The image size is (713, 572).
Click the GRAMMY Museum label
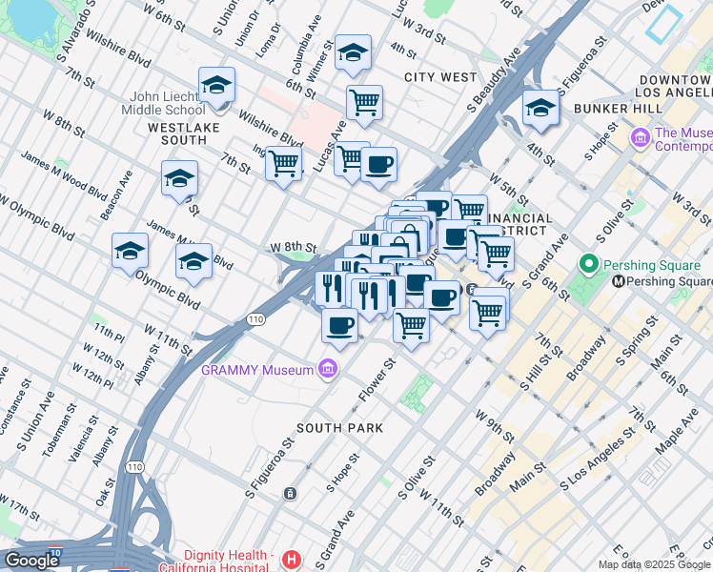[257, 370]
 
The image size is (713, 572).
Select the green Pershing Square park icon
[588, 264]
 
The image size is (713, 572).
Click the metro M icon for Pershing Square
[619, 281]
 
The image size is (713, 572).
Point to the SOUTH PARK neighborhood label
[339, 428]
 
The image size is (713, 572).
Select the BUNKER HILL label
[611, 109]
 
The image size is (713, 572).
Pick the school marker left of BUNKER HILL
[540, 108]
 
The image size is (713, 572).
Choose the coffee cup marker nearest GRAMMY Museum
[340, 326]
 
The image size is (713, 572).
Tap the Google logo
[31, 560]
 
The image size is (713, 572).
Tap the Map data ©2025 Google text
[654, 564]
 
